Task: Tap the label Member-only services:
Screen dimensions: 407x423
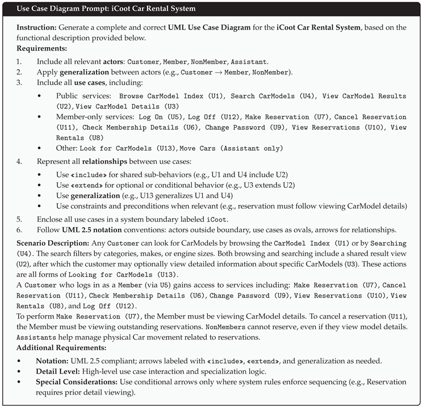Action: point(93,117)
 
